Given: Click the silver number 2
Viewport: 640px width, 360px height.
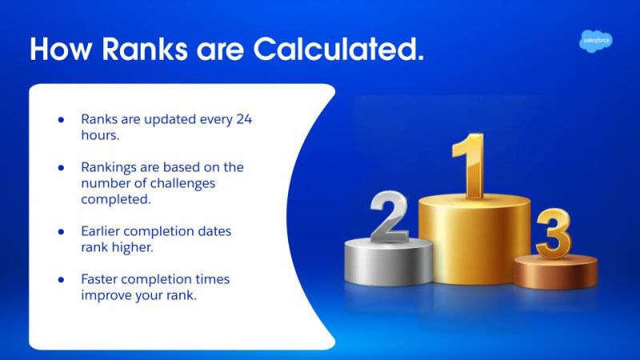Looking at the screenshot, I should point(390,218).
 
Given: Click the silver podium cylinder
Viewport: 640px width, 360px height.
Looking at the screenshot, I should point(389,264).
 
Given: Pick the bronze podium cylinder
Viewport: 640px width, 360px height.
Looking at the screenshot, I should point(555,271).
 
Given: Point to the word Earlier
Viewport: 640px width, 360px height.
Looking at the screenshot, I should point(102,231).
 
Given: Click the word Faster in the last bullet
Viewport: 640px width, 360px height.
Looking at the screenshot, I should point(101,279).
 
